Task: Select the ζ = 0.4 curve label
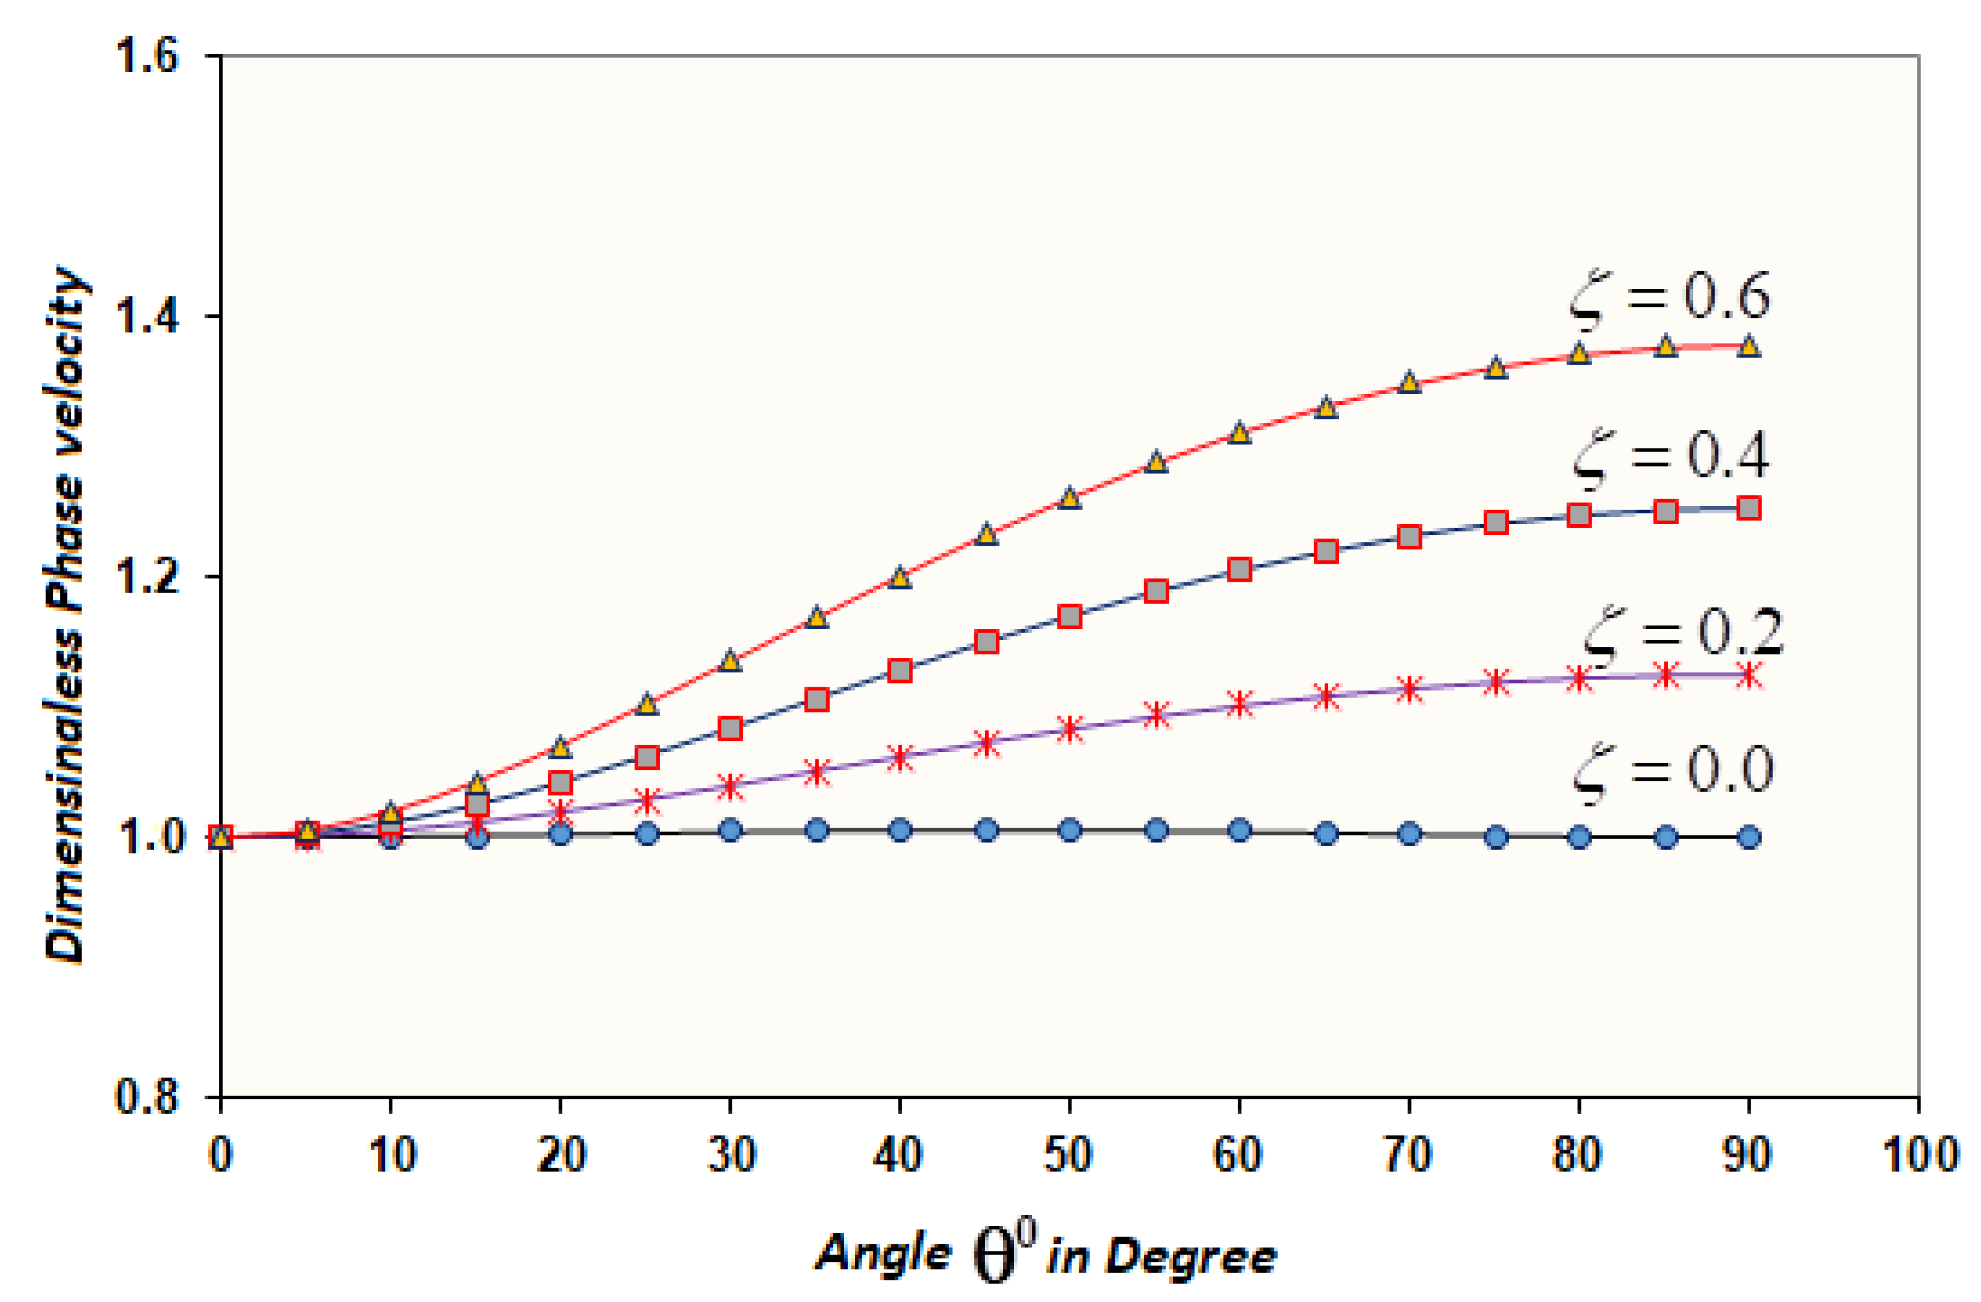pyautogui.click(x=1671, y=458)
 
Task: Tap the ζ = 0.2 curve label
pyautogui.click(x=1682, y=634)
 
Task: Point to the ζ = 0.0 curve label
pyautogui.click(x=1673, y=772)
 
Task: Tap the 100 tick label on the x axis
pyautogui.click(x=1919, y=1154)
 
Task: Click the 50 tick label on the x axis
pyautogui.click(x=1068, y=1154)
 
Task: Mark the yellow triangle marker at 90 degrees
pyautogui.click(x=1749, y=346)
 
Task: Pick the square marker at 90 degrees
pyautogui.click(x=1749, y=507)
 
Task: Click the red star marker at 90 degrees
pyautogui.click(x=1749, y=675)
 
